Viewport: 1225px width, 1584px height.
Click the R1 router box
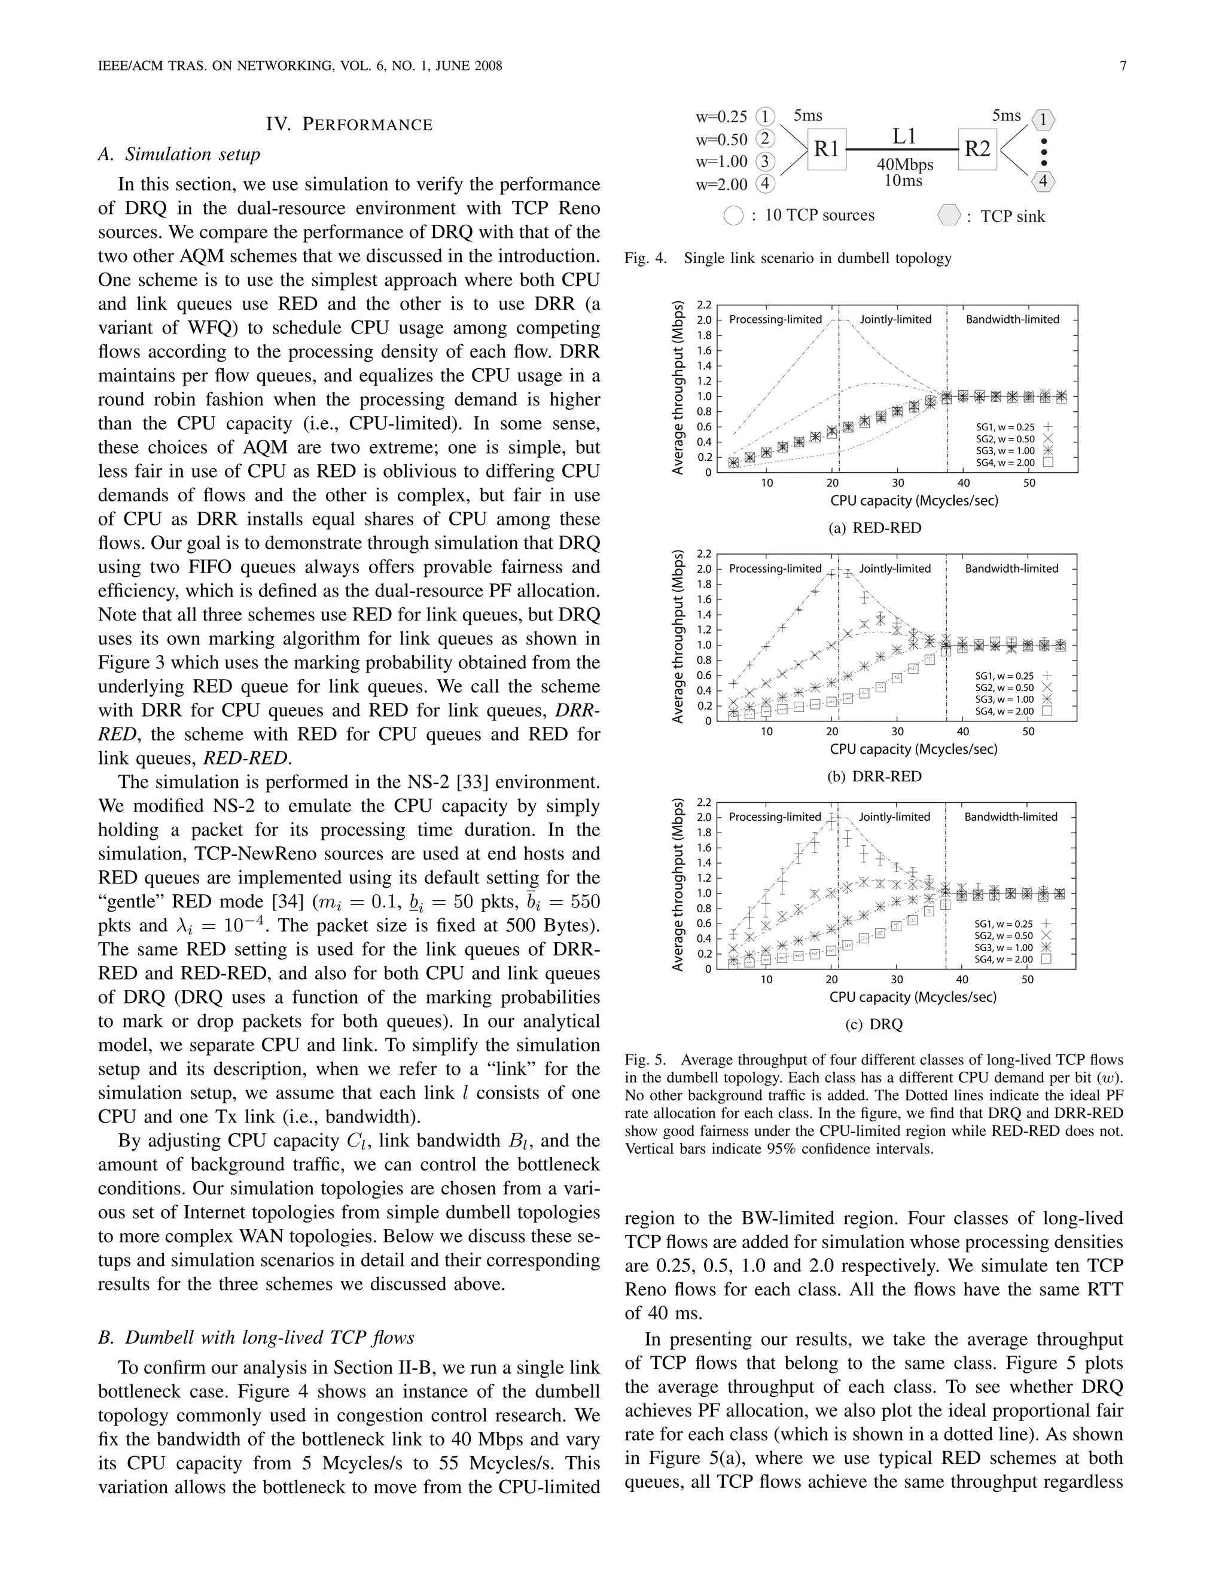826,149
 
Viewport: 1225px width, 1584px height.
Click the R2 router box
977,149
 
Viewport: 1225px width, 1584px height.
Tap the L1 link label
904,136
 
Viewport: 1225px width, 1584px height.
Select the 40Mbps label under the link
905,164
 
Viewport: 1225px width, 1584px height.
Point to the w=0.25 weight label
721,117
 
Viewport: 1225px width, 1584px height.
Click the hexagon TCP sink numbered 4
1043,181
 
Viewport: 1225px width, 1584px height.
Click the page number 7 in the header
1123,66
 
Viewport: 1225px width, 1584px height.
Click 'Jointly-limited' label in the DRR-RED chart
895,568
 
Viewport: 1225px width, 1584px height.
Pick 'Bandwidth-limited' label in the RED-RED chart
1013,319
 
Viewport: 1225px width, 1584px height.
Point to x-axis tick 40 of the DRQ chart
962,980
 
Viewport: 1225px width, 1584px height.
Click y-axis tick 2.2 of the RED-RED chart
703,305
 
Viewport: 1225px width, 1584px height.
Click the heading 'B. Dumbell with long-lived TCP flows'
256,1337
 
